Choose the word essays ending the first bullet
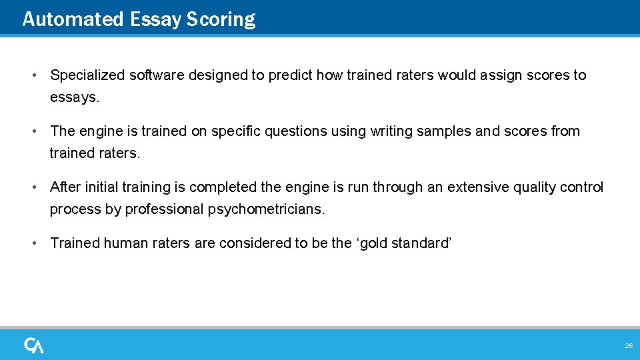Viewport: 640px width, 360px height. [74, 97]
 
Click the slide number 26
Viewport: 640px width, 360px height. [628, 346]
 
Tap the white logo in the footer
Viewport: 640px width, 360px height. [34, 345]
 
